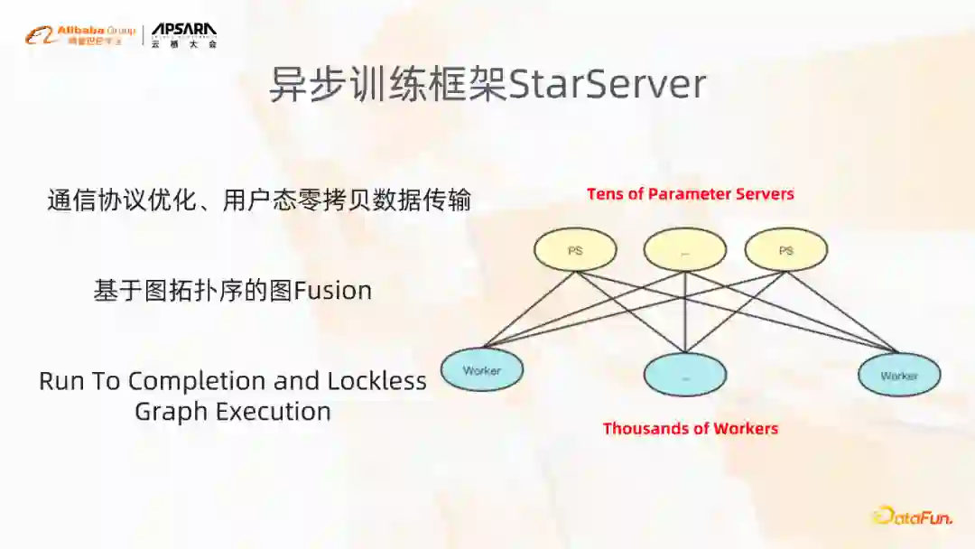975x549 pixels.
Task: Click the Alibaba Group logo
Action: point(81,34)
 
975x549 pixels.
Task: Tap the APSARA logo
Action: point(183,34)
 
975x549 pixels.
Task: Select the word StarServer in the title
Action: point(607,85)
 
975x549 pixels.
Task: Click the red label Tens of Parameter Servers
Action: point(691,194)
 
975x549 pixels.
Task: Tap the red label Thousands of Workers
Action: point(691,428)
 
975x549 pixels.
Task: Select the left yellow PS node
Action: point(575,250)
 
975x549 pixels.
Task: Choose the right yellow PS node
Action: point(786,250)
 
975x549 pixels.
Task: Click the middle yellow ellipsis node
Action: point(685,250)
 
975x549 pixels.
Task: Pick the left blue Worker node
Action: point(481,370)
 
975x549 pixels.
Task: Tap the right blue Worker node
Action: point(899,375)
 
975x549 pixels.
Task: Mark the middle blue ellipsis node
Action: point(685,375)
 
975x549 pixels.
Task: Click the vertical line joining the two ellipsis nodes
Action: point(685,312)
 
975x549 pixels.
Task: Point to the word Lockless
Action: point(376,381)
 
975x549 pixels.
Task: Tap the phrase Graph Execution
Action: point(233,412)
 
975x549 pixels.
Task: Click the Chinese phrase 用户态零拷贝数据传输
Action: point(347,200)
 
